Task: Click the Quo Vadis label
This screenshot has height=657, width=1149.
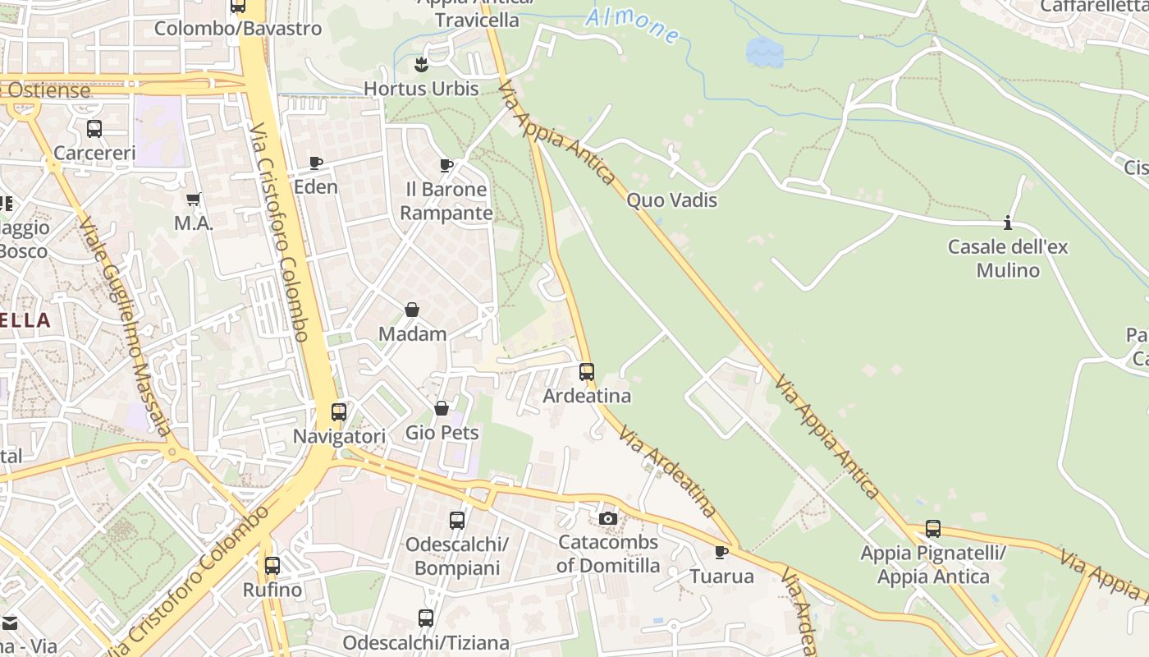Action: [x=671, y=200]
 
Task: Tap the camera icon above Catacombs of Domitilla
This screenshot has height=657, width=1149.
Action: [x=607, y=518]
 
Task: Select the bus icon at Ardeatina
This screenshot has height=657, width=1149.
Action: [x=586, y=372]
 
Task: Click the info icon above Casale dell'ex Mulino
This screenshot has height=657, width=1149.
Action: [x=1008, y=223]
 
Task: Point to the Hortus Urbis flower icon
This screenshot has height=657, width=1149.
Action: [x=421, y=64]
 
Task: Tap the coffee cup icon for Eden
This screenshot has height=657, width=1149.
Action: [x=316, y=163]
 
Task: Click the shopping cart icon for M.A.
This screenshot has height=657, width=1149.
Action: [x=194, y=199]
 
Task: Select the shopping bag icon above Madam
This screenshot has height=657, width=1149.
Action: [x=412, y=310]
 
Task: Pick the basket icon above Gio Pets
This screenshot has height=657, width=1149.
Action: [x=442, y=408]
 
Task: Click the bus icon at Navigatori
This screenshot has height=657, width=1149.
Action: [x=338, y=412]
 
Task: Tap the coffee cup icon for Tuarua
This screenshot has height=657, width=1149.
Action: [x=721, y=552]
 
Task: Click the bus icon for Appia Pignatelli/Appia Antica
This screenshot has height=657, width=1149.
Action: [x=932, y=529]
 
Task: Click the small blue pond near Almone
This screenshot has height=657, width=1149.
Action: [x=764, y=53]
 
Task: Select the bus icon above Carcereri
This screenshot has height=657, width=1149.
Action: [x=94, y=129]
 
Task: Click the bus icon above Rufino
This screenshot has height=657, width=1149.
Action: [x=272, y=566]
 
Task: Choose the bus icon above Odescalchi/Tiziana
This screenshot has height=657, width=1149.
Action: [x=425, y=618]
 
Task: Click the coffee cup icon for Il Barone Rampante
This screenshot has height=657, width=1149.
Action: [x=446, y=165]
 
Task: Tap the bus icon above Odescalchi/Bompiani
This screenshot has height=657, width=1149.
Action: [x=456, y=520]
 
